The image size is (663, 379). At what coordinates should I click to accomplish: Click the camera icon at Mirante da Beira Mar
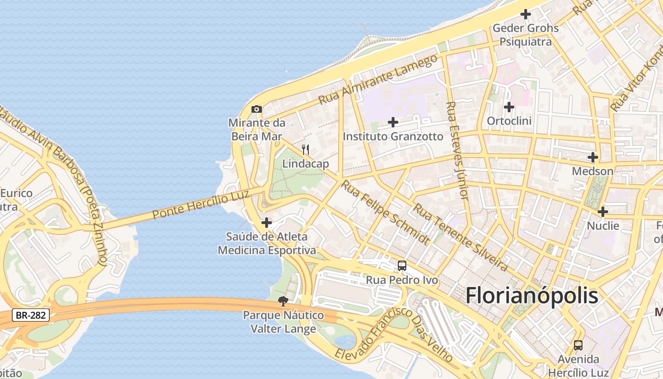pos(257,109)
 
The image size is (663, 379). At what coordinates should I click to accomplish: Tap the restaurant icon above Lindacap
pos(305,150)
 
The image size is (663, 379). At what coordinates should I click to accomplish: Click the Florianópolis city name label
pos(532,296)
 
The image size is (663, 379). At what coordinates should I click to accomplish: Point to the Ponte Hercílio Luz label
pos(201,205)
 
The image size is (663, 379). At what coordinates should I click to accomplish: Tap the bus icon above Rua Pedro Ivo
pos(402,266)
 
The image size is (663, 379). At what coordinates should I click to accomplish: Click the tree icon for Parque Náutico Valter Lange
pos(283,301)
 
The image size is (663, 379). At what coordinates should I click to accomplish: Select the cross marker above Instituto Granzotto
pos(393,122)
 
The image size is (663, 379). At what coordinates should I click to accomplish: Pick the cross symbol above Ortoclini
pos(509,107)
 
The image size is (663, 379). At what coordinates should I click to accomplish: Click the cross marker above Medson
pos(592,157)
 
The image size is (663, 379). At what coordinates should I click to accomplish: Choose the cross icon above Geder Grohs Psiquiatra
pos(526,14)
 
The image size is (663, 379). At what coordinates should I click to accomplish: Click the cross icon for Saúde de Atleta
pos(267,222)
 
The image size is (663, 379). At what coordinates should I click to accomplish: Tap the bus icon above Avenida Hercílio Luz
pos(578,345)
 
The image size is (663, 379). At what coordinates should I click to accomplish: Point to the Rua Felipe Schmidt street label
pos(385,212)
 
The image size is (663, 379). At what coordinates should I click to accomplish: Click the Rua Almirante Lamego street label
pos(378,80)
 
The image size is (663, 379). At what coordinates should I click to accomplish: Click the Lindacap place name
pos(305,164)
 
